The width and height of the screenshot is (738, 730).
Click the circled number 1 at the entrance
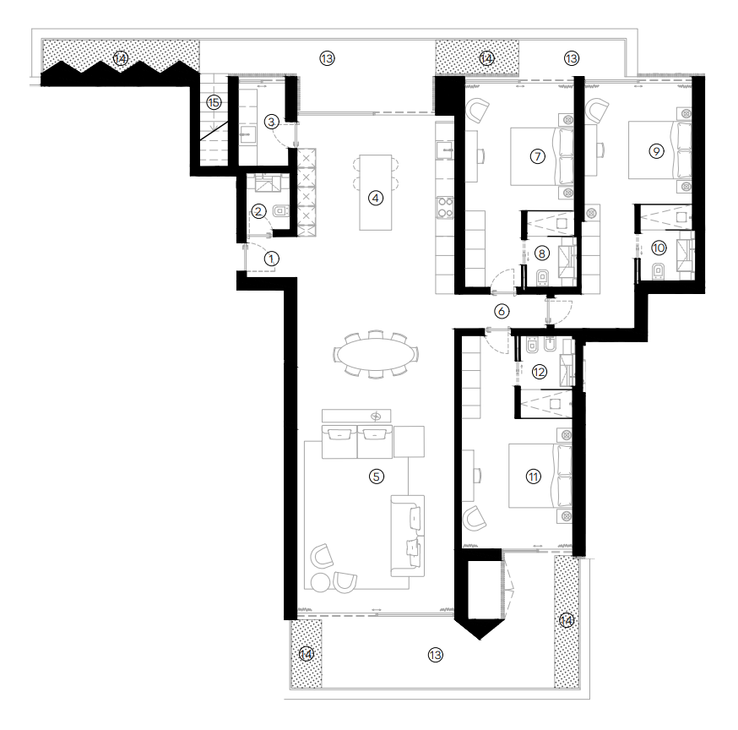point(271,259)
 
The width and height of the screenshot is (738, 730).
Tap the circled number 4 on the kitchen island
point(375,199)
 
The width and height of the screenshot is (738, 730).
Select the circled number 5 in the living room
point(376,477)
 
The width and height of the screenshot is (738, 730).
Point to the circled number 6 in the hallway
point(502,311)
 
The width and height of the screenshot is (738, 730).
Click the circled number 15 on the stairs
point(214,102)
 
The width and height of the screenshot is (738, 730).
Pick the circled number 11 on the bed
point(533,477)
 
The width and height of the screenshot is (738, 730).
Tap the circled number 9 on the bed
point(656,151)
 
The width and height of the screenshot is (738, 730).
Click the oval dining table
point(377,353)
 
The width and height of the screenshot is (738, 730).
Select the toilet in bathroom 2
point(280,211)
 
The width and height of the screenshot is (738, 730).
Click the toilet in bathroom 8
point(543,277)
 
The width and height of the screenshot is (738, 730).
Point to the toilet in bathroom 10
point(658,272)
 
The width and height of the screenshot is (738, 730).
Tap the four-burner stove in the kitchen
point(445,208)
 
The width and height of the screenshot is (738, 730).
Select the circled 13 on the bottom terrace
point(436,655)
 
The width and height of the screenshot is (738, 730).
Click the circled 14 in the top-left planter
point(121,59)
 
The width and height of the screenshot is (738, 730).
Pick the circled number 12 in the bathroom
point(540,372)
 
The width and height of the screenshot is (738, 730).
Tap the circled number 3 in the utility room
point(271,122)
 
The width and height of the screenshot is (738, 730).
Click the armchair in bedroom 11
point(475,519)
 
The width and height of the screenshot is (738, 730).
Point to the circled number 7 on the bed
point(538,156)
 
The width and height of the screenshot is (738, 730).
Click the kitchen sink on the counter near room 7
point(444,150)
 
